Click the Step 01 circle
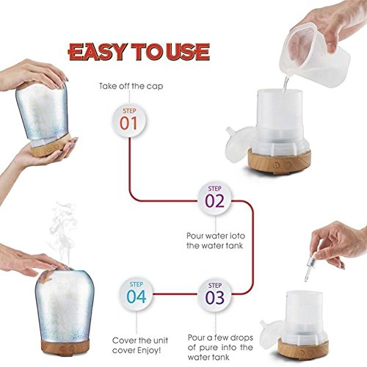pyautogui.click(x=129, y=121)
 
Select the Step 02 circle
pyautogui.click(x=214, y=199)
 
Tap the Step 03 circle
pyautogui.click(x=214, y=295)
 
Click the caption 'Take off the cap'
pyautogui.click(x=131, y=86)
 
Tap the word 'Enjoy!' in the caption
pyautogui.click(x=149, y=350)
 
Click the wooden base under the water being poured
pyautogui.click(x=280, y=161)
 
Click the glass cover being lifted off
pyautogui.click(x=43, y=112)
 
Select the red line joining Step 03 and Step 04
pyautogui.click(x=175, y=294)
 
